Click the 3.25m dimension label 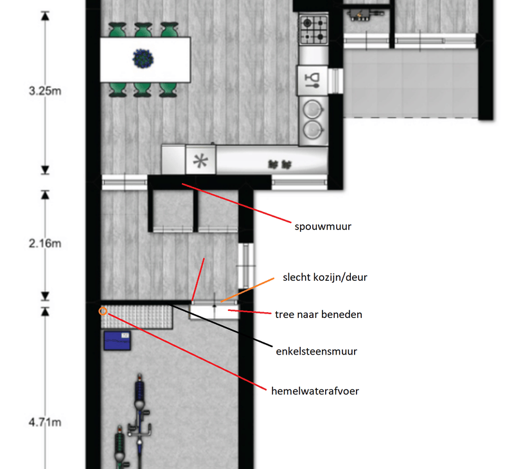click(45, 91)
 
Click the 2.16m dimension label click(45, 244)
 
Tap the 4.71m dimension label click(45, 422)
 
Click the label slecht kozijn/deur click(324, 278)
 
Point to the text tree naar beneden click(319, 314)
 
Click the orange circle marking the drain click(102, 311)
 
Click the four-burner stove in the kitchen click(312, 29)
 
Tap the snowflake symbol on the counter click(201, 161)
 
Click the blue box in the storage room click(117, 340)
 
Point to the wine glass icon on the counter click(312, 79)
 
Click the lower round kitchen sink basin click(313, 128)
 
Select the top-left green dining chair click(116, 30)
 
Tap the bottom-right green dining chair click(168, 90)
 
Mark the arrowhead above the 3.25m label click(45, 15)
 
